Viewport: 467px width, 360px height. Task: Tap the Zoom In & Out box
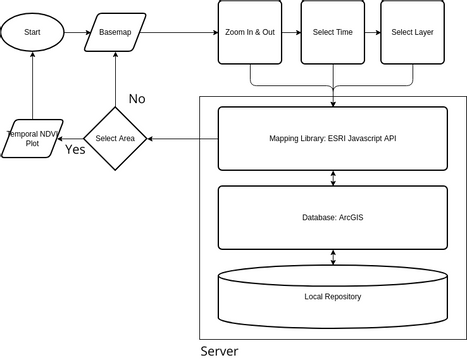(249, 33)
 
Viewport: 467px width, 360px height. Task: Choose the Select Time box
(331, 33)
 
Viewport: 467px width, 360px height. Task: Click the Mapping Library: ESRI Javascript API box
(332, 138)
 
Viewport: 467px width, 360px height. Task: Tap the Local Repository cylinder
(332, 297)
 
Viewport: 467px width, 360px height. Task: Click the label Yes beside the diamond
(75, 150)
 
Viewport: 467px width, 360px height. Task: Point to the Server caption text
(219, 351)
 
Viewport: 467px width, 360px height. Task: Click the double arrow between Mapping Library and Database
(332, 178)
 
